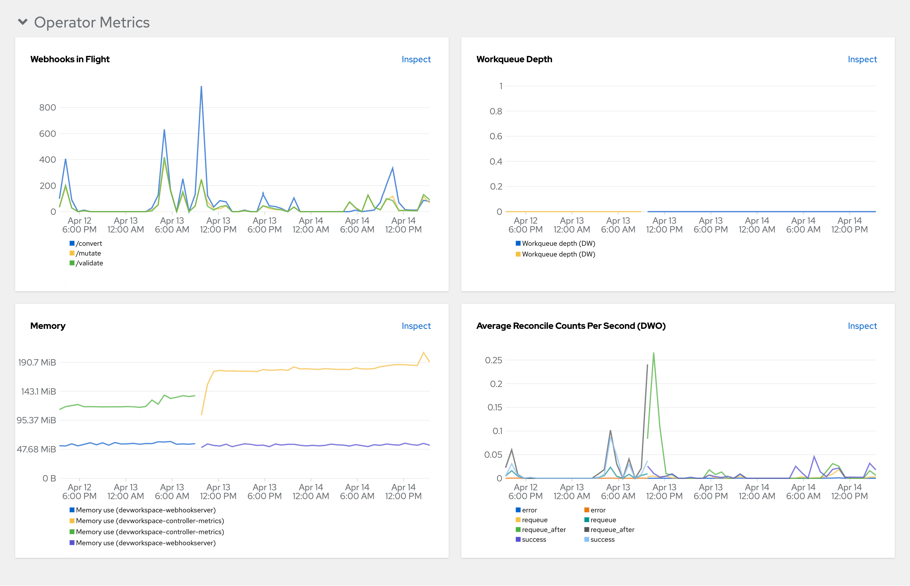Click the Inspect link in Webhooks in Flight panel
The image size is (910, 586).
coord(416,59)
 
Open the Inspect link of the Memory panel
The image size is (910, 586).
coord(416,326)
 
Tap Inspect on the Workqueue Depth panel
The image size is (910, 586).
coord(862,59)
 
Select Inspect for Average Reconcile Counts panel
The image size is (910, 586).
coord(862,326)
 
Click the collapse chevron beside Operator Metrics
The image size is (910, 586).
coord(23,22)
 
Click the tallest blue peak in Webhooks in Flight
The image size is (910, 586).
coord(201,87)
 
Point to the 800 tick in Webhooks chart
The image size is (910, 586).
coord(48,108)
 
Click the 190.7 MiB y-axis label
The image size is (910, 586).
coord(37,362)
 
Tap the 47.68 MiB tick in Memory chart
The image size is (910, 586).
coord(36,450)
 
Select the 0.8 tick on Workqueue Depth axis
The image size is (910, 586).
coord(495,112)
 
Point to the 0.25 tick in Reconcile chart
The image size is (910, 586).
coord(493,360)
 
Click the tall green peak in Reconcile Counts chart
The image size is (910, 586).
coord(653,353)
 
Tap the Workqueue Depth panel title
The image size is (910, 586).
coord(514,59)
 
